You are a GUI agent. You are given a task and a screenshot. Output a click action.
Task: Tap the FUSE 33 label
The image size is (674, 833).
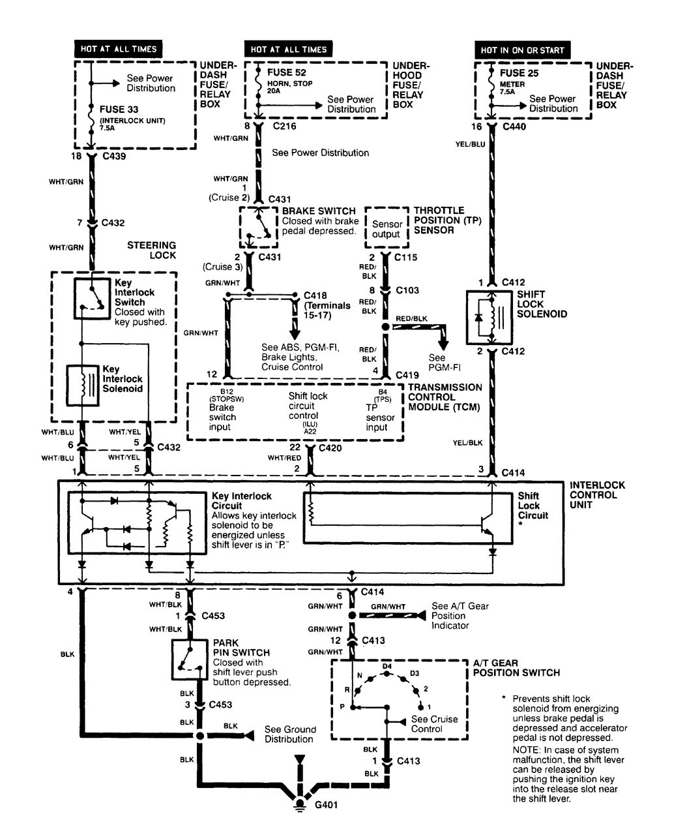point(119,110)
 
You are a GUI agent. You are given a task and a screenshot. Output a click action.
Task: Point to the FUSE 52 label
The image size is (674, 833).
point(286,73)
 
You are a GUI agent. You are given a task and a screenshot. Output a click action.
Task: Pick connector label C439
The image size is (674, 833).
point(112,157)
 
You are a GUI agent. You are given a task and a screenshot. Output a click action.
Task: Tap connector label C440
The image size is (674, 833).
point(516,127)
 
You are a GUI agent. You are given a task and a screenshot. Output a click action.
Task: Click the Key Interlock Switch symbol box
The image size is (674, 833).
point(92,299)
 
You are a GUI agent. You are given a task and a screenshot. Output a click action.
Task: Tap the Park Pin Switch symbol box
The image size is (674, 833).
point(190,659)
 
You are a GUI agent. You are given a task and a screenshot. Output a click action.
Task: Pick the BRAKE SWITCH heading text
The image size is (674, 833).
point(319,211)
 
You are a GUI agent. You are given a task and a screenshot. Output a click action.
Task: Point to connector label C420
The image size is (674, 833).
point(330,449)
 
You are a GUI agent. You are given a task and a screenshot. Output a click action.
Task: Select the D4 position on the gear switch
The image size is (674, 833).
point(387,666)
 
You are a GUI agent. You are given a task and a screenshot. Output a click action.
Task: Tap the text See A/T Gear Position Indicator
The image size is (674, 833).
point(460,616)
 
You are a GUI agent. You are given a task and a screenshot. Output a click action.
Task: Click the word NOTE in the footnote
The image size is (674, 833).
point(527,750)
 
